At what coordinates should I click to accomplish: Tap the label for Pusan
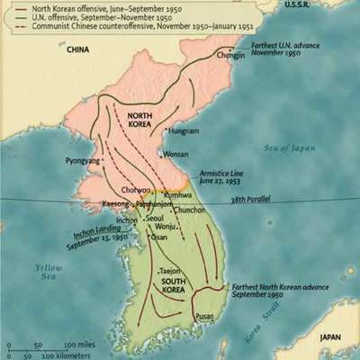pyautogui.click(x=205, y=316)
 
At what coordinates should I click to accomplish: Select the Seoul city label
pyautogui.click(x=155, y=219)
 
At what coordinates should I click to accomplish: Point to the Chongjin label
pyautogui.click(x=230, y=56)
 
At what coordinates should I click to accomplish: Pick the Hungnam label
pyautogui.click(x=184, y=130)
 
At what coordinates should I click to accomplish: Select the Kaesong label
pyautogui.click(x=116, y=205)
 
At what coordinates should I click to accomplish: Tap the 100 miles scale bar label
pyautogui.click(x=79, y=345)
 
